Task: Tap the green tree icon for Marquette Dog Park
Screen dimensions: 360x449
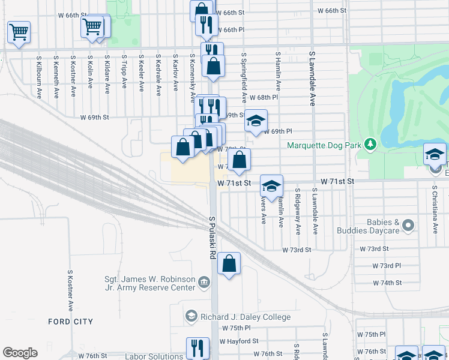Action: coord(371,144)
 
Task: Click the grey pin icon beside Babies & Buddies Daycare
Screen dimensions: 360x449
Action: coord(409,226)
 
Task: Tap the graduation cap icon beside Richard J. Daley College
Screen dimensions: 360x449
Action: coord(191,316)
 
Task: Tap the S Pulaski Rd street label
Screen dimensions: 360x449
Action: coord(212,238)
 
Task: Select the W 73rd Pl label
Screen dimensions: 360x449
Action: coord(387,265)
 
